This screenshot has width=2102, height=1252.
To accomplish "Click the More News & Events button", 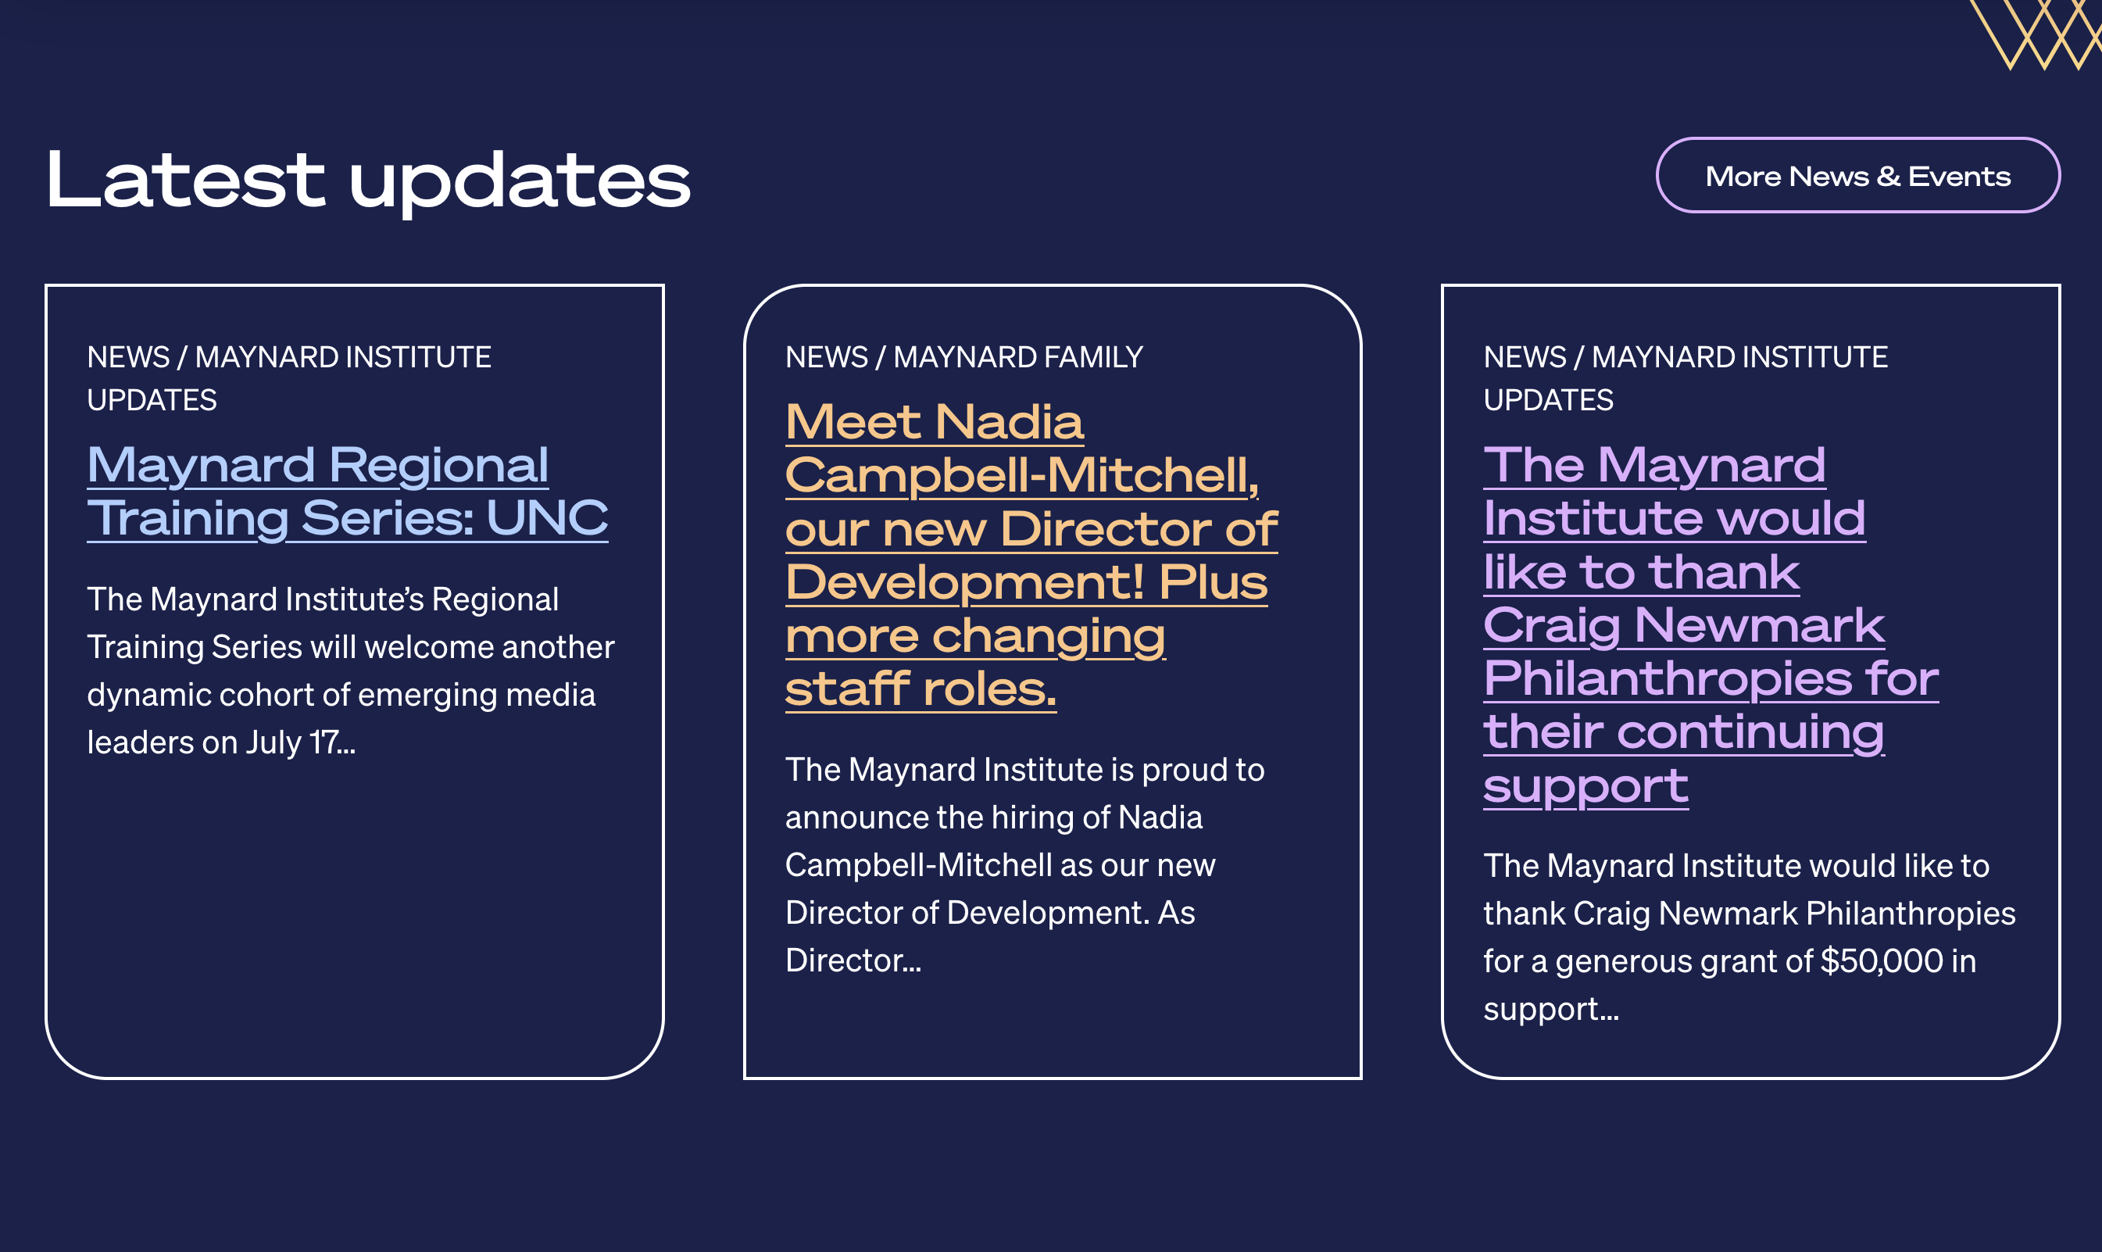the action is click(x=1858, y=176).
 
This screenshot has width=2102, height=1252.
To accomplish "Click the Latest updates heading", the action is click(x=369, y=181).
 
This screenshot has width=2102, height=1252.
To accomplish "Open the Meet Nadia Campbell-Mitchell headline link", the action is click(x=1031, y=555).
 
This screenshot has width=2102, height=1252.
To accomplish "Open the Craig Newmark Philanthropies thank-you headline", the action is click(x=1711, y=625).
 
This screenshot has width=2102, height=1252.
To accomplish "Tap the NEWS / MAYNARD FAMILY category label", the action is click(x=964, y=357).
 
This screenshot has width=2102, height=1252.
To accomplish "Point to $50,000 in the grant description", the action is click(x=1882, y=961).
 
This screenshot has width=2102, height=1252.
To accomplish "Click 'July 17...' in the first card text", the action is click(x=300, y=742).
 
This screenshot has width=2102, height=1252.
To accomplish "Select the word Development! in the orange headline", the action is click(x=965, y=582).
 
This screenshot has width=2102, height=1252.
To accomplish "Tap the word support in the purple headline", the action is click(x=1585, y=786).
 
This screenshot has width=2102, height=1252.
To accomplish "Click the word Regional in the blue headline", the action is click(x=438, y=466).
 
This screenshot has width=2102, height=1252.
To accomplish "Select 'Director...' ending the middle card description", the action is click(x=853, y=960).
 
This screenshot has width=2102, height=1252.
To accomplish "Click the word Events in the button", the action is click(x=1960, y=177).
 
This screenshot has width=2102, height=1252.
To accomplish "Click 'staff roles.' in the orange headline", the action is click(x=921, y=689).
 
